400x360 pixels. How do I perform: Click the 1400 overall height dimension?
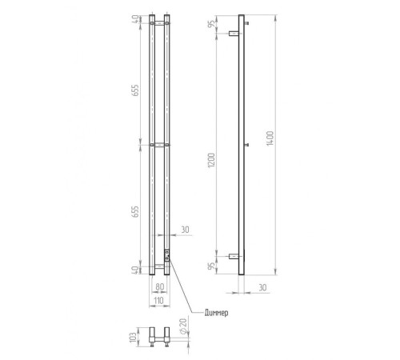270,138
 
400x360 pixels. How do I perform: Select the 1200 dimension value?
211,160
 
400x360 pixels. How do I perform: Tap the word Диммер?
216,313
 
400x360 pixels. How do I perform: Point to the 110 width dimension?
158,301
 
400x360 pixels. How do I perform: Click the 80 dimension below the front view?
159,287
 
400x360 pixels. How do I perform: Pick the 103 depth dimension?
134,337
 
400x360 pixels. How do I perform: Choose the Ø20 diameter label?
183,326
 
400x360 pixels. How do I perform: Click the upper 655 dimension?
135,90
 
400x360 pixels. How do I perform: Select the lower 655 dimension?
135,211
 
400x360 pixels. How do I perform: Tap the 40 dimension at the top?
136,19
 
